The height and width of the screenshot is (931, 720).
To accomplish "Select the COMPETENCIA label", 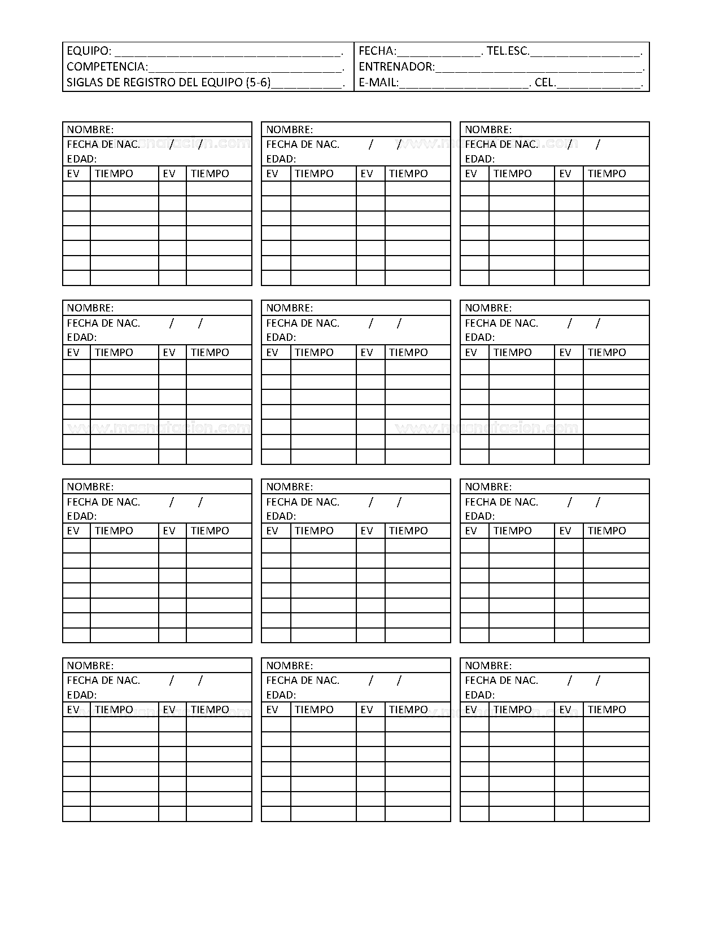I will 106,67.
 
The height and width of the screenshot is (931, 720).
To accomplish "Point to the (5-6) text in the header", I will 258,83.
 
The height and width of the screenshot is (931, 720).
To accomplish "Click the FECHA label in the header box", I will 377,51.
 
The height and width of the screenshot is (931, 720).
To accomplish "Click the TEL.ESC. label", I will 508,51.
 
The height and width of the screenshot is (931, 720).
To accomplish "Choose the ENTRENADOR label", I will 396,67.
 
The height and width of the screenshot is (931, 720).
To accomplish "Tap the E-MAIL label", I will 378,83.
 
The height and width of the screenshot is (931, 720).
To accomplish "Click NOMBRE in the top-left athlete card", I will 90,130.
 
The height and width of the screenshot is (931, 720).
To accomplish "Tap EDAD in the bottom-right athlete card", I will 479,695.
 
